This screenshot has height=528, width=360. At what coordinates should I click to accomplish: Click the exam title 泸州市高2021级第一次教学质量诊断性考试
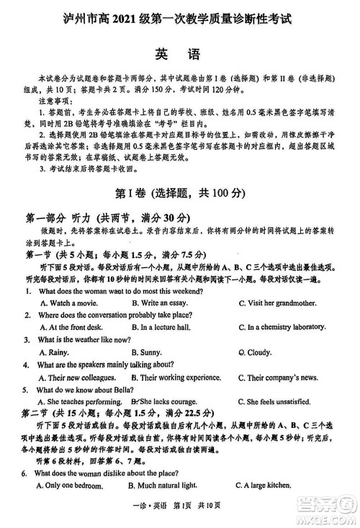tap(180, 17)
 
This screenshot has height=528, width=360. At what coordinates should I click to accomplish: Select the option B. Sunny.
tap(151, 352)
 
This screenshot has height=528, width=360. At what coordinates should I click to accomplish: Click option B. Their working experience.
tap(180, 377)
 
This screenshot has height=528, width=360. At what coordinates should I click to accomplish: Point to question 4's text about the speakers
tap(108, 365)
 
